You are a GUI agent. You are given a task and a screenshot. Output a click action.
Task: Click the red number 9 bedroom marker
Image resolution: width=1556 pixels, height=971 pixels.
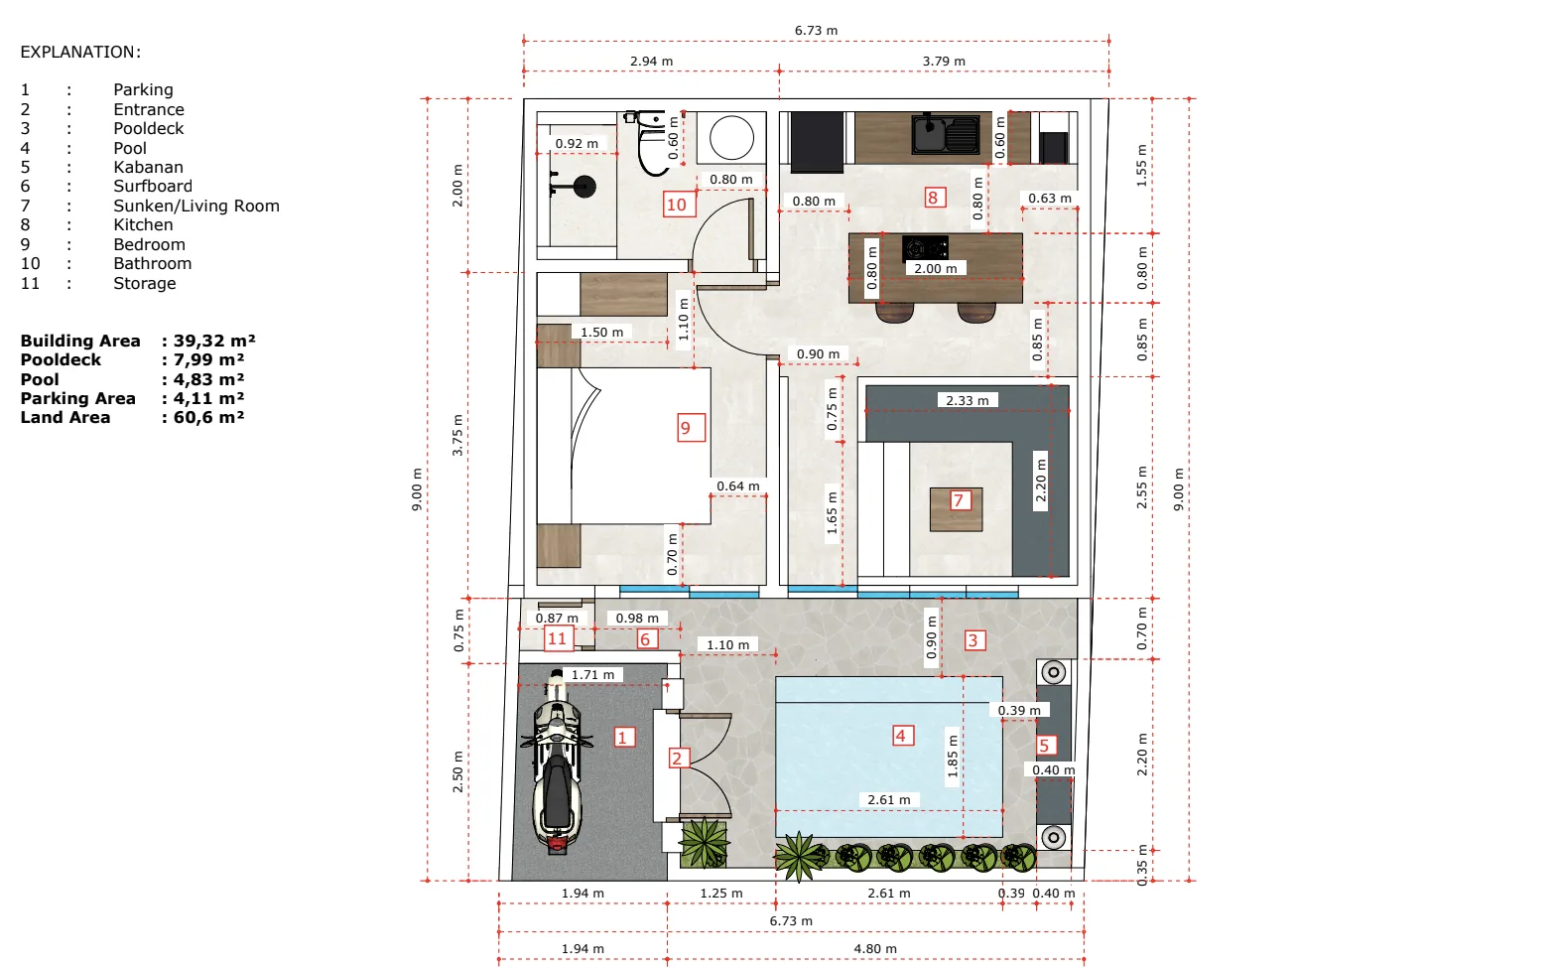coord(691,428)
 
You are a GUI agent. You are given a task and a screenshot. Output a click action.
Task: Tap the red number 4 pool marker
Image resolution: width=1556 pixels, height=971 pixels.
coord(902,736)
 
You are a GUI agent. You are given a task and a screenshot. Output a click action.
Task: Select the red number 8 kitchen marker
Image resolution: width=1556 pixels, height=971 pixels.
coord(934,198)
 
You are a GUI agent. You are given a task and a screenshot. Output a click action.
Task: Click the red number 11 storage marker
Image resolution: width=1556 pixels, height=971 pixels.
coord(558,638)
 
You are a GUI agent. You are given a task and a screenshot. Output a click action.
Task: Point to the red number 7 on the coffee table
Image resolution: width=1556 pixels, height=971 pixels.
coord(960,500)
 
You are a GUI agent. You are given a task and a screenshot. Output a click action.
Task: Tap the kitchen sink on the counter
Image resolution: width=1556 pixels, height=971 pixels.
coord(946,133)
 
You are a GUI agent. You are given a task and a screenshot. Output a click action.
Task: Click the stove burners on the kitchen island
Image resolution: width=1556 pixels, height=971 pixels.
coord(925,248)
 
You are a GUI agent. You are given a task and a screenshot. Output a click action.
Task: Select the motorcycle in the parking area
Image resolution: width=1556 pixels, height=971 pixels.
coord(556,763)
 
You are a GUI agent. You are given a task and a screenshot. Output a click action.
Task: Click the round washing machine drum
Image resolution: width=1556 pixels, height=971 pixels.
coord(731,138)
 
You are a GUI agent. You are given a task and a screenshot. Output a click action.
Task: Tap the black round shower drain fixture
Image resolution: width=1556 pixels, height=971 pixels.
coord(584,187)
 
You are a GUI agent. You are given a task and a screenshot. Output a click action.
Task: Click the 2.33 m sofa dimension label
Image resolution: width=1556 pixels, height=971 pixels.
coord(967,400)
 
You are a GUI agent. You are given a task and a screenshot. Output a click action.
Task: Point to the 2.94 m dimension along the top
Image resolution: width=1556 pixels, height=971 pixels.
coord(652,62)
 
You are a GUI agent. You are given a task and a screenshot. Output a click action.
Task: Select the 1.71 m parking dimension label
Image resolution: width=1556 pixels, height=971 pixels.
coord(592,674)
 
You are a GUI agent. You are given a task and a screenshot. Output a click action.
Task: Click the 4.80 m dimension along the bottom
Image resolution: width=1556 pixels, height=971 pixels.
coord(875,949)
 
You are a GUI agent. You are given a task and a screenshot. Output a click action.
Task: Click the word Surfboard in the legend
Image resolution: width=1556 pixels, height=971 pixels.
coord(153,187)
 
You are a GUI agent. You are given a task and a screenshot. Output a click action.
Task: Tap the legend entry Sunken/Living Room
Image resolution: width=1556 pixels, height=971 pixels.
coord(196,206)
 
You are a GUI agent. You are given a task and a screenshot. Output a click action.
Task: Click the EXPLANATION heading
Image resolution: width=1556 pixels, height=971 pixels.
coord(80,53)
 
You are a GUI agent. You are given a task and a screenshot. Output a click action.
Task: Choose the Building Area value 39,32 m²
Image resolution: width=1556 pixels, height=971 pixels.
coord(214,341)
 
